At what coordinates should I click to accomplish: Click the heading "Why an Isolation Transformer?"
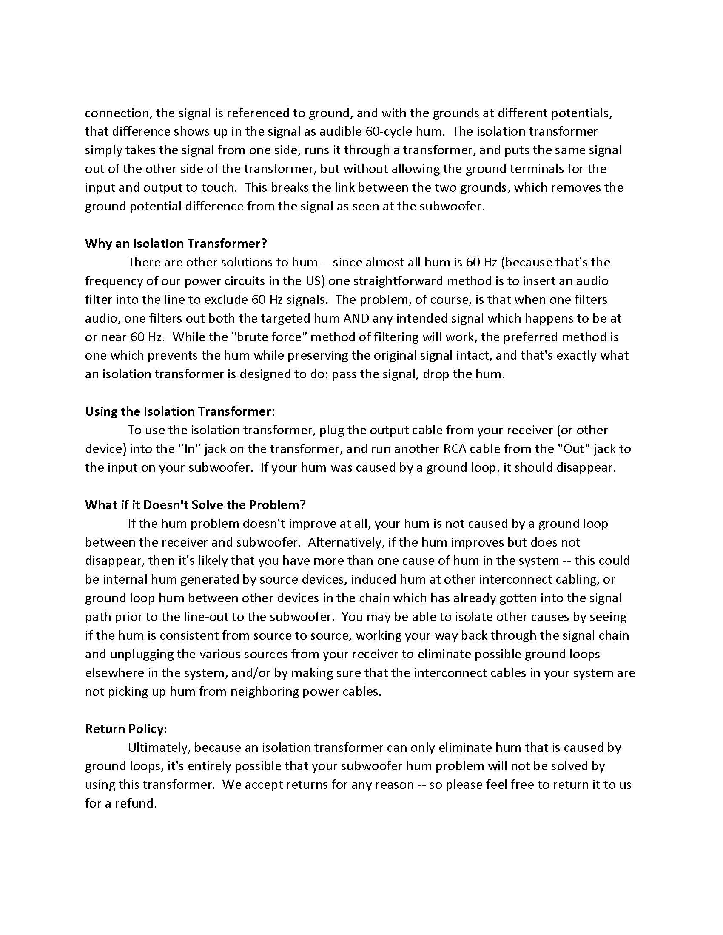click(176, 244)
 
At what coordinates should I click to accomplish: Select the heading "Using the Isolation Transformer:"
click(180, 411)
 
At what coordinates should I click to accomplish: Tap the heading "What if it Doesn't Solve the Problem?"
click(195, 505)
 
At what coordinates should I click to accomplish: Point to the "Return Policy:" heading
click(126, 729)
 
